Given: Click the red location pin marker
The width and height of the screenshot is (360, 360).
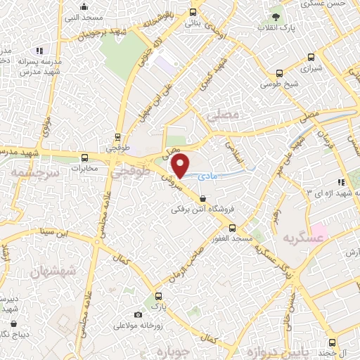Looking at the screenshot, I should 181,166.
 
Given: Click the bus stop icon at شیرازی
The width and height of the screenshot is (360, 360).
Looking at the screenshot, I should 280,72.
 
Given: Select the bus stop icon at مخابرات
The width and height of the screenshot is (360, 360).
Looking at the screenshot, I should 85,158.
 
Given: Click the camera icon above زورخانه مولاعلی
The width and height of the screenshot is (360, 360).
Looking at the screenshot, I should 138,314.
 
